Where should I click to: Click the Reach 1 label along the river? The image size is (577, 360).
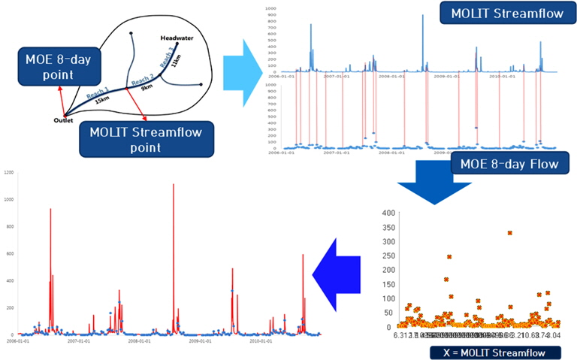[97, 92]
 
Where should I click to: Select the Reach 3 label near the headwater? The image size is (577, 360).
[169, 50]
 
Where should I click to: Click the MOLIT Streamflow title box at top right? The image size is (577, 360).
[496, 14]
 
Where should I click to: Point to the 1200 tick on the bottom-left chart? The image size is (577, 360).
[9, 172]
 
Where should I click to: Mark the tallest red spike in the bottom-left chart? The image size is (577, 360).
[174, 185]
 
